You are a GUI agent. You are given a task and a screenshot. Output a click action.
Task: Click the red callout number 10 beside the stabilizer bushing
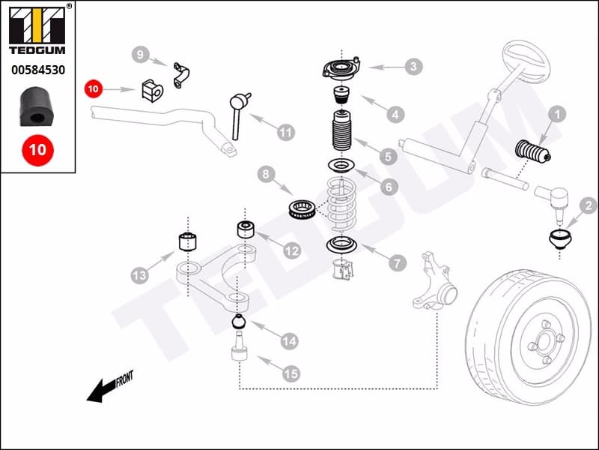[x=93, y=89]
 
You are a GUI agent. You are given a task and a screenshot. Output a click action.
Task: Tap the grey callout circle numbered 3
[x=413, y=67]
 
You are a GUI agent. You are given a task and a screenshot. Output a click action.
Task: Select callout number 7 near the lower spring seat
[x=397, y=262]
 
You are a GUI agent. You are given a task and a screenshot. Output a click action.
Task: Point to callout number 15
[x=290, y=371]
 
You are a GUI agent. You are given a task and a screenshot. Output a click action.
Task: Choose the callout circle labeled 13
[x=139, y=275]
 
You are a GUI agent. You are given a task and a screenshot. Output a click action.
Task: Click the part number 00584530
[x=37, y=70]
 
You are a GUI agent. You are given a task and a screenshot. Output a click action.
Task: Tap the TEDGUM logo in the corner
[x=37, y=31]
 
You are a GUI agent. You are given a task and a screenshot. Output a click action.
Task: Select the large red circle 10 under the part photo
[x=37, y=149]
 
